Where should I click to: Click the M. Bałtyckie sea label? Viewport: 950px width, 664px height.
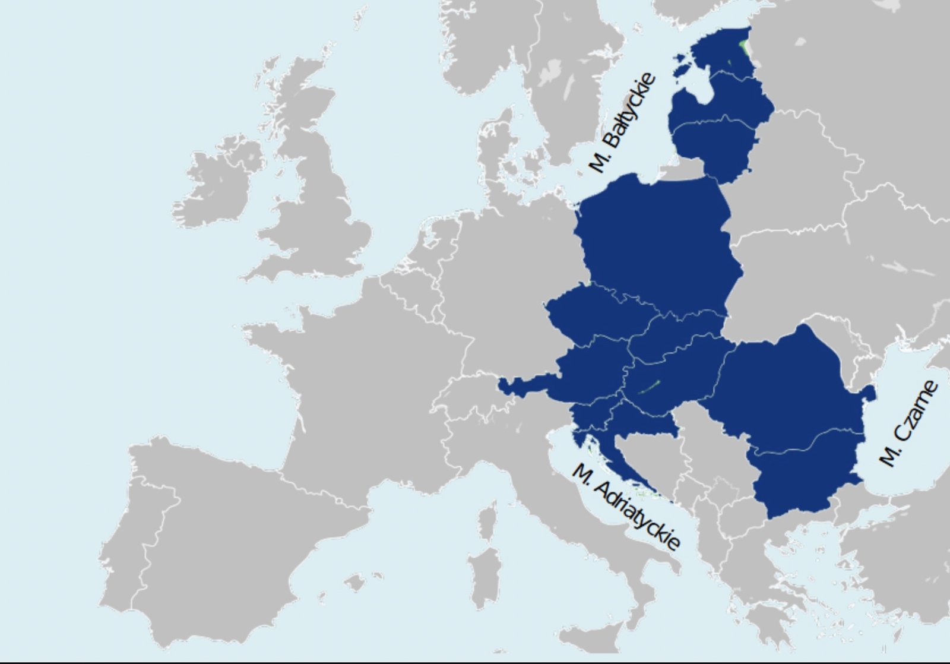623,123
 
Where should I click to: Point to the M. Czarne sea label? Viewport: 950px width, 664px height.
909,423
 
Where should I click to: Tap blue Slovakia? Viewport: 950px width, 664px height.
677,336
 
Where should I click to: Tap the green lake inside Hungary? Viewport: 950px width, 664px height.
650,387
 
